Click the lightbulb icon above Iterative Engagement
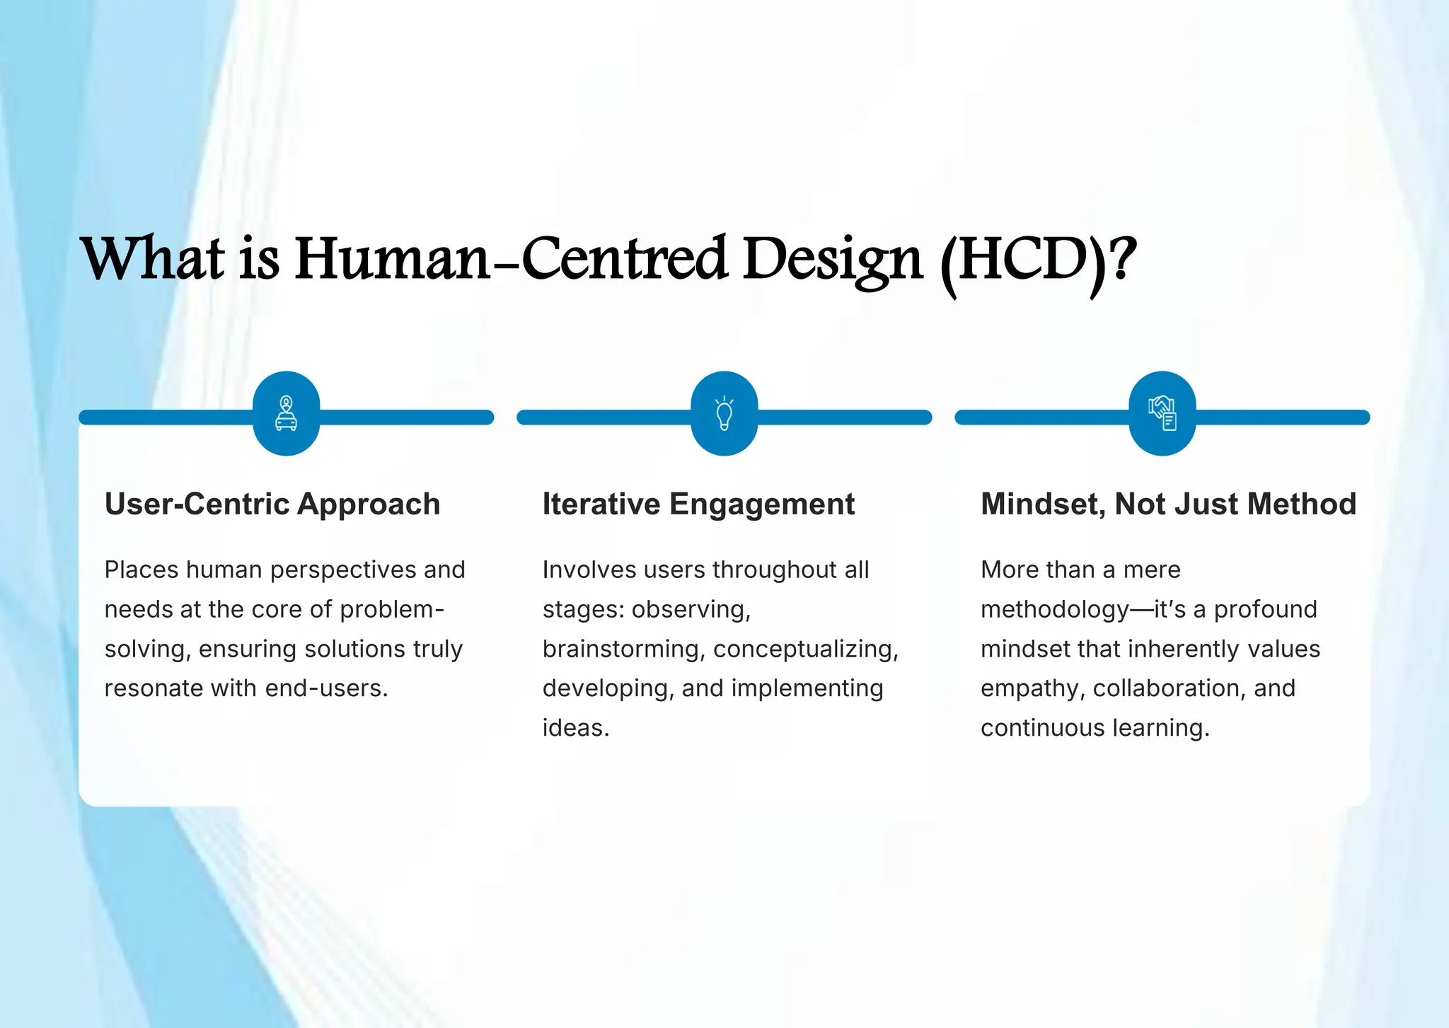click(x=724, y=414)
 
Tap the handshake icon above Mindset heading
click(x=1162, y=413)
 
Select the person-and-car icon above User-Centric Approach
click(x=286, y=413)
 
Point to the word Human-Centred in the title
click(x=510, y=259)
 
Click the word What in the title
click(x=152, y=259)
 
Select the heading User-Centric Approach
click(x=272, y=504)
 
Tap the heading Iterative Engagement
click(x=698, y=504)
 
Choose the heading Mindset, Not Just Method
click(x=1168, y=504)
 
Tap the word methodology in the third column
click(x=1054, y=610)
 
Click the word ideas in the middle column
click(x=575, y=728)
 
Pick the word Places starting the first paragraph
click(x=142, y=570)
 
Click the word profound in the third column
click(x=1265, y=610)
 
